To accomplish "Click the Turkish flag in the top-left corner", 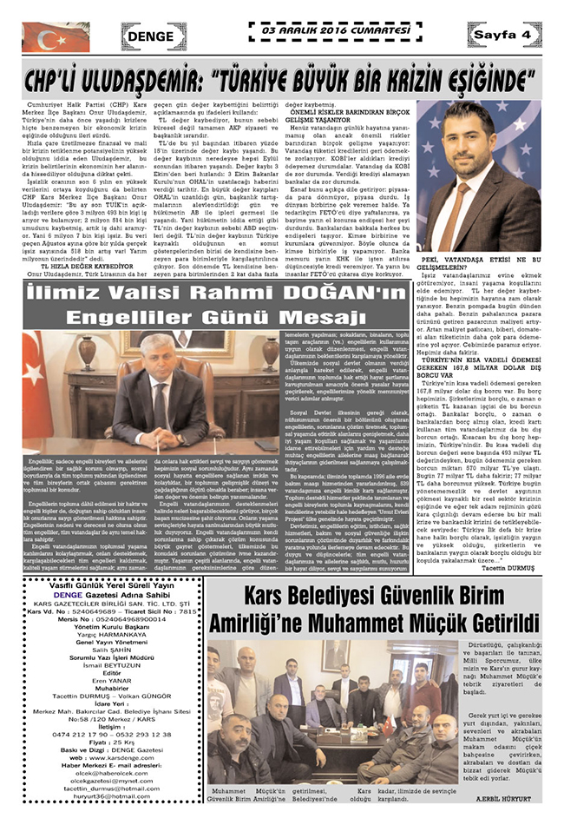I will (55, 36).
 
